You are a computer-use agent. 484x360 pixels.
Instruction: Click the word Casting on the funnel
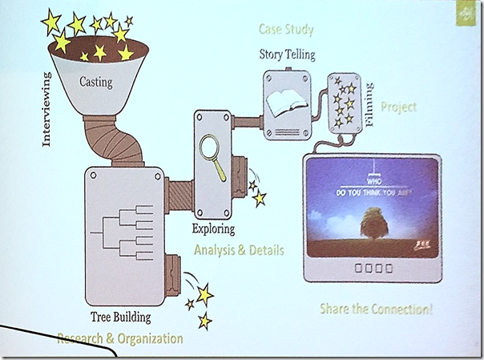click(95, 81)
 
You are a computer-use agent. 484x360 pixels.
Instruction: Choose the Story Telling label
click(287, 55)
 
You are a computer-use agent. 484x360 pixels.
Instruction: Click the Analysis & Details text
click(239, 250)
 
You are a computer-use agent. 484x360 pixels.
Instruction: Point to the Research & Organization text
click(119, 338)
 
